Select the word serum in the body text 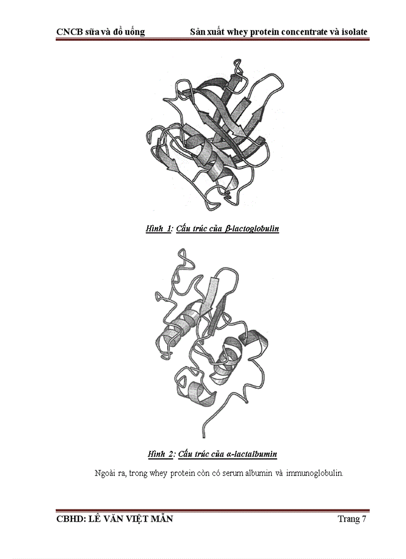click(x=228, y=473)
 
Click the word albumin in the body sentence click(x=256, y=473)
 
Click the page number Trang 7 click(x=352, y=519)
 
